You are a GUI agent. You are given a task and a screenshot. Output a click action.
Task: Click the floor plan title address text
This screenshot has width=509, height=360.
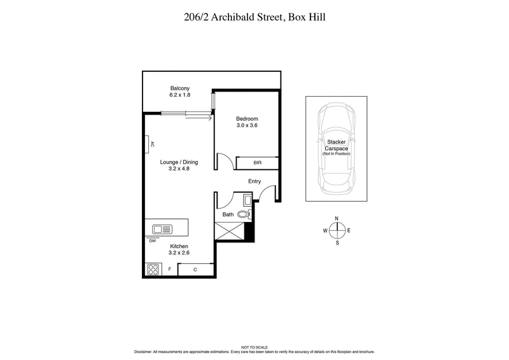[x=254, y=18]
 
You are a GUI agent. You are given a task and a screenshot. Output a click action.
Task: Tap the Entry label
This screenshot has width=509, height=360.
[x=254, y=181]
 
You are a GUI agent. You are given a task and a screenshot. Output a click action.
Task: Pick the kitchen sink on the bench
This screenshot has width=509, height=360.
[x=162, y=228]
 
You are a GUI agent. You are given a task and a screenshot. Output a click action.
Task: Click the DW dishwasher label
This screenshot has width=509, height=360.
[x=153, y=241]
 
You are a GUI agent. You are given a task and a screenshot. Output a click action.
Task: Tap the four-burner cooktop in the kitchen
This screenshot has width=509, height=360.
[x=153, y=269]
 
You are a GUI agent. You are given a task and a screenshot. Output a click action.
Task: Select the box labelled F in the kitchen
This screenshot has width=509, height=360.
[x=170, y=270]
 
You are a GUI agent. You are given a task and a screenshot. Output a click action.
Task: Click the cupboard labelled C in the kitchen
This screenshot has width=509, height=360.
[x=195, y=270]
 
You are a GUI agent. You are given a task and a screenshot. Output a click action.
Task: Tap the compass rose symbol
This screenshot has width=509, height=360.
[x=337, y=230]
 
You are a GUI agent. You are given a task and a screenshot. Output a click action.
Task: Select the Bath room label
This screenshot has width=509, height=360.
[x=227, y=215]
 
